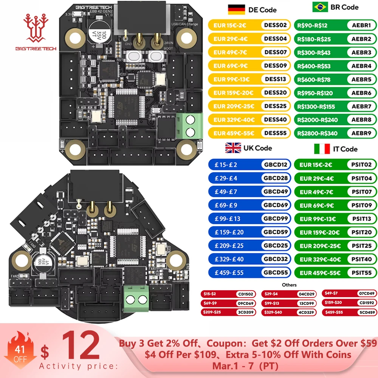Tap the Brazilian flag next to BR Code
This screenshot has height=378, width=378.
[x=320, y=7]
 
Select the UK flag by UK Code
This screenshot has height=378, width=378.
[x=233, y=148]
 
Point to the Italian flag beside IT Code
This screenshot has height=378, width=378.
[x=322, y=149]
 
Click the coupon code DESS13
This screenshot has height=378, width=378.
[x=276, y=79]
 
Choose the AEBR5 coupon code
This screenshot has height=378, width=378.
[x=361, y=79]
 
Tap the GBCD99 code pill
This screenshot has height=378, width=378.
[x=276, y=218]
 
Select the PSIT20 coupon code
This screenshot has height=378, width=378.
[x=361, y=232]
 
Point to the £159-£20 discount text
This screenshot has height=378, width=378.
[x=229, y=232]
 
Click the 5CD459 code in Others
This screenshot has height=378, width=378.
[x=367, y=312]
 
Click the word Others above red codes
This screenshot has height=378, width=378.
[x=289, y=285]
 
